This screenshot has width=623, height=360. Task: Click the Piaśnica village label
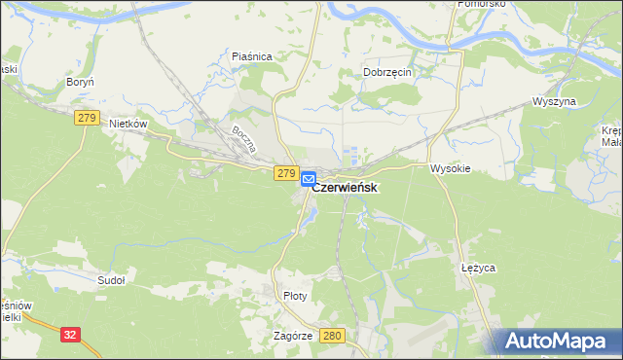point(251,56)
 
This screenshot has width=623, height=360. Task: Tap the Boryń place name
point(79,83)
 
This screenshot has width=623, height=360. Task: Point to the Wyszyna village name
point(555,101)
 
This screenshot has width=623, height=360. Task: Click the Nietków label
point(128,124)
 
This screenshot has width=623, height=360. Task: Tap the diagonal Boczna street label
point(243,141)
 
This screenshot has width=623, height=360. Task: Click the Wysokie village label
point(451,167)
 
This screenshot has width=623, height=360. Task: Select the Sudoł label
point(112,280)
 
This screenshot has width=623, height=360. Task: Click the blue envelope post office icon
point(308,179)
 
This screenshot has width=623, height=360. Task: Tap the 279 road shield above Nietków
point(86,118)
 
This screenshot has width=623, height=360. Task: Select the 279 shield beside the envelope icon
point(285,173)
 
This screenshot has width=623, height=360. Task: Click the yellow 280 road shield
point(333,336)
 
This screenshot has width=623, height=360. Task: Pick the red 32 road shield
point(70,334)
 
